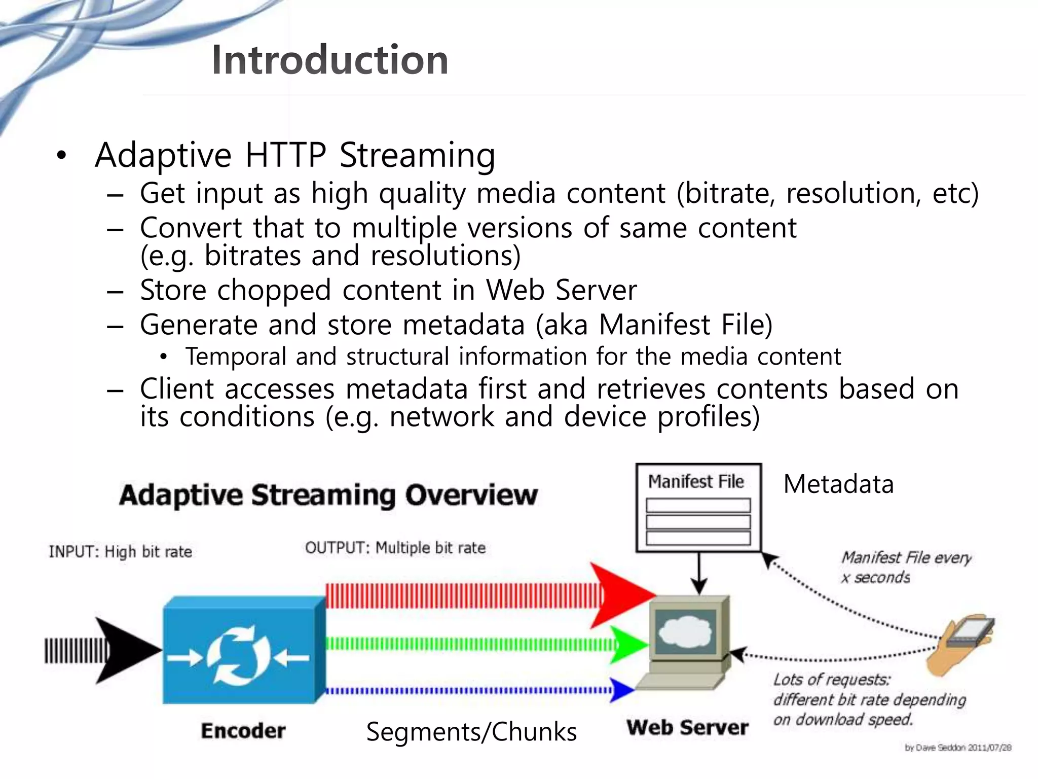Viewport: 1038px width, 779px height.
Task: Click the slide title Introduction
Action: [x=329, y=60]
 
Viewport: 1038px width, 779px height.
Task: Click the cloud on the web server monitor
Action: [x=685, y=631]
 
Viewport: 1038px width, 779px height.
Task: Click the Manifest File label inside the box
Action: [x=696, y=481]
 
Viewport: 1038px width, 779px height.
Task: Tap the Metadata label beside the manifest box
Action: [x=838, y=484]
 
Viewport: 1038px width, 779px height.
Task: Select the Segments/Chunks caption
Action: [x=471, y=732]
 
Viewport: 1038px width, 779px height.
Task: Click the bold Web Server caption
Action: [x=687, y=727]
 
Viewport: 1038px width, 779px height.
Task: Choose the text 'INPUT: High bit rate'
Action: [x=120, y=552]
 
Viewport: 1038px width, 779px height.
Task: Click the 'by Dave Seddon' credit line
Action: [x=957, y=748]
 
